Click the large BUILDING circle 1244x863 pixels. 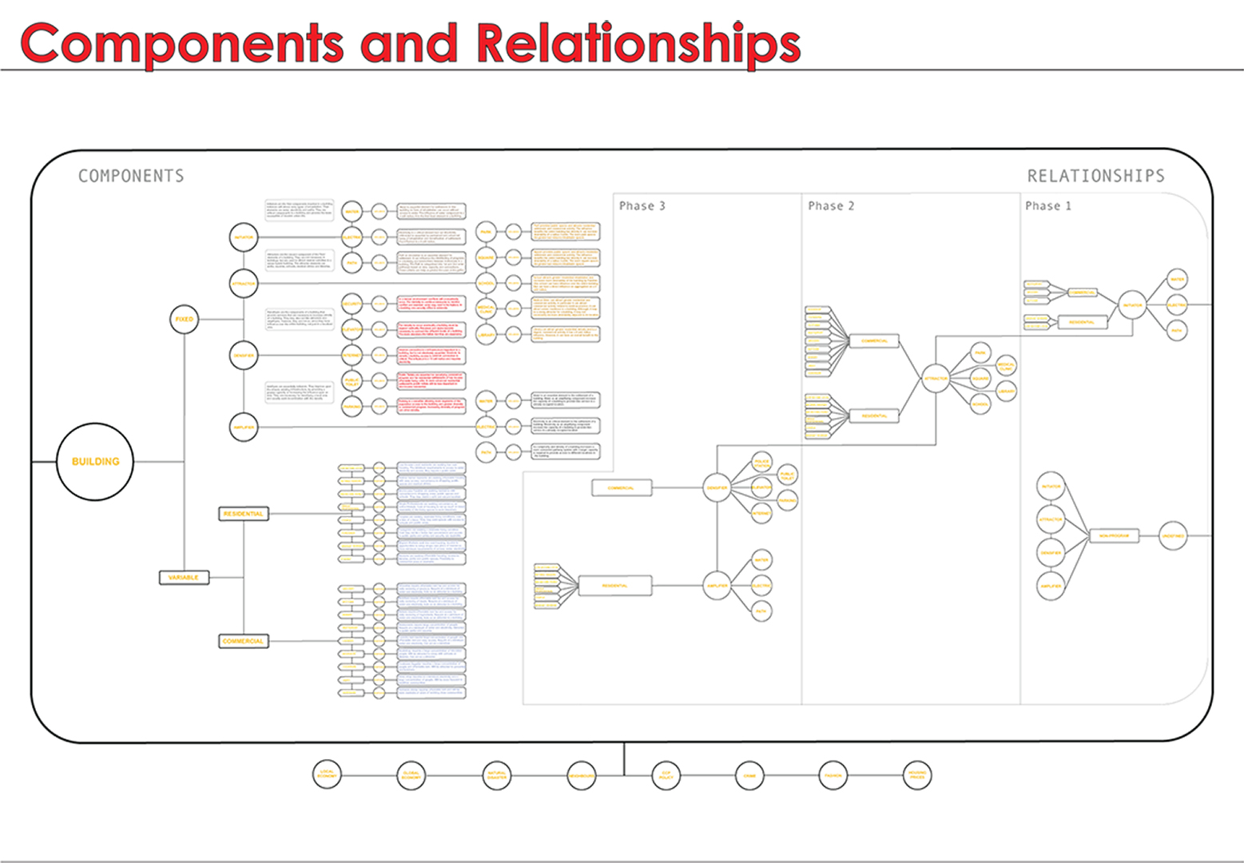coord(95,462)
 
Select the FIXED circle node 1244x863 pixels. coord(185,319)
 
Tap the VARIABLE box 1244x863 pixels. coord(184,577)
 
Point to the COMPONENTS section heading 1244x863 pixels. coord(131,176)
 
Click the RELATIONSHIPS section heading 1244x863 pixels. coord(1095,176)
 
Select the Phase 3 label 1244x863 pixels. coord(642,206)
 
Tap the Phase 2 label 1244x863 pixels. coord(831,206)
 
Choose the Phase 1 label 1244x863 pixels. coord(1048,206)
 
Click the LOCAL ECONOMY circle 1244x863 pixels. coord(327,774)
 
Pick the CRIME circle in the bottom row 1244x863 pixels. coord(749,775)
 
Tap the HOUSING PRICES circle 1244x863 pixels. coord(917,775)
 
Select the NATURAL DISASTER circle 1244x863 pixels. coord(497,775)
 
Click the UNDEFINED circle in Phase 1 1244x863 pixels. coord(1173,535)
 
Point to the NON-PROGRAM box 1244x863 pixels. coord(1113,535)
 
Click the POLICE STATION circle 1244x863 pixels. coord(762,463)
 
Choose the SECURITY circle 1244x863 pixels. coord(352,304)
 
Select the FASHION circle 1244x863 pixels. coord(833,775)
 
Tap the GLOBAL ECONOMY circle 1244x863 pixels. coord(411,775)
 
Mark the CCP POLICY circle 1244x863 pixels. coord(666,775)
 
